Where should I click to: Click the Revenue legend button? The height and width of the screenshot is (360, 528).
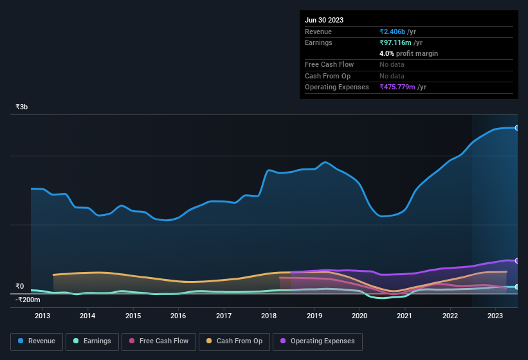(37, 341)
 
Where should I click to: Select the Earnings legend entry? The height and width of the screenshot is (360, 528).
(91, 341)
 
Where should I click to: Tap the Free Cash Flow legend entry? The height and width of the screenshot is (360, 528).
(159, 341)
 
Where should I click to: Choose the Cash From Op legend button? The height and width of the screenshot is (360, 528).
(234, 341)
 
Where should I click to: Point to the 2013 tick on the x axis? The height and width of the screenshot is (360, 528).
(42, 316)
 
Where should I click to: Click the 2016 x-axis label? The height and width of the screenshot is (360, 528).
(178, 316)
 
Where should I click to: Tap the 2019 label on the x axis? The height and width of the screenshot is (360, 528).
(314, 316)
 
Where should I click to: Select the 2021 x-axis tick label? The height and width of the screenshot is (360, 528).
(405, 316)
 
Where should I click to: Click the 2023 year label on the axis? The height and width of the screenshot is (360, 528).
(495, 316)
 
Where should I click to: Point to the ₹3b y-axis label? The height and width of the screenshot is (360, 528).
(22, 107)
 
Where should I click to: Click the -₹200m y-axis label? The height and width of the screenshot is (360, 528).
(28, 300)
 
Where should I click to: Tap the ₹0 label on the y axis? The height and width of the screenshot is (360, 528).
(20, 287)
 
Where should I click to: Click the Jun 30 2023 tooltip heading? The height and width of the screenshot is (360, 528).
(324, 20)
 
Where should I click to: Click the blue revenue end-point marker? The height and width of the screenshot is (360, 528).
(516, 128)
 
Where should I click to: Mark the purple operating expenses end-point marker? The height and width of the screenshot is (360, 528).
(516, 260)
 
